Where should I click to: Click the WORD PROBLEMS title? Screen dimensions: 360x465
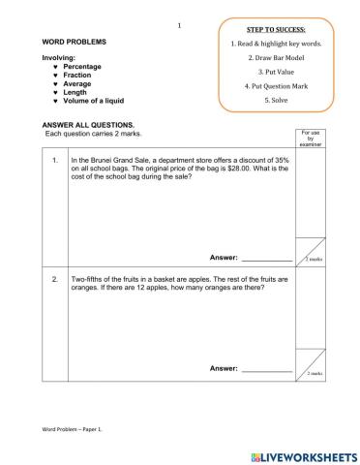coord(75,43)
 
